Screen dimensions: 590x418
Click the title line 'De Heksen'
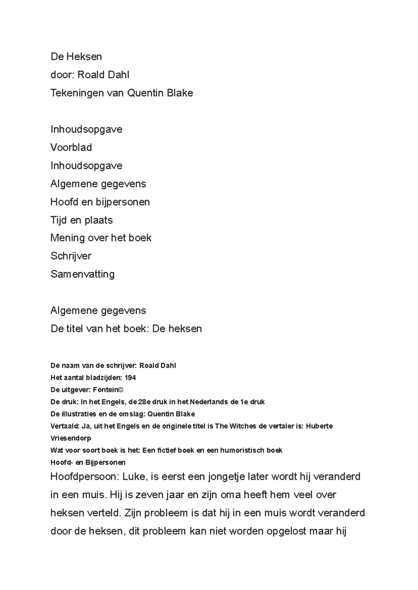click(x=76, y=57)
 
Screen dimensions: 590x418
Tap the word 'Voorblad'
click(x=71, y=147)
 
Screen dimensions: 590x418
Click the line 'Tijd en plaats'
click(x=82, y=220)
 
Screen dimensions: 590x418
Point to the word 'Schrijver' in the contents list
click(x=71, y=256)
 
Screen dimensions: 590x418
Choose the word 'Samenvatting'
click(x=83, y=274)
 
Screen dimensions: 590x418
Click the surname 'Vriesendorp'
click(x=71, y=438)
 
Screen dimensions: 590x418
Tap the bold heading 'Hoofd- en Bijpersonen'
click(x=88, y=463)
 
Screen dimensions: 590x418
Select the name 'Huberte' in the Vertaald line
click(x=319, y=426)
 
